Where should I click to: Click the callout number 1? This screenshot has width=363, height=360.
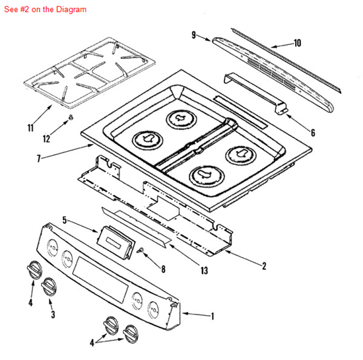(x=213, y=316)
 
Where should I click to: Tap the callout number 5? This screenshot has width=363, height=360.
(x=64, y=219)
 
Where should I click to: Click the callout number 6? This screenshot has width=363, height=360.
(x=312, y=133)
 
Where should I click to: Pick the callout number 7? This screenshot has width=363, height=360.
(x=39, y=159)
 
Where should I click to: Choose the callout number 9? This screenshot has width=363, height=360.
(x=193, y=35)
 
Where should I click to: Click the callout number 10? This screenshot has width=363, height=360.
(x=297, y=43)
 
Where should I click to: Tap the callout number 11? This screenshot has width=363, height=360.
(x=30, y=128)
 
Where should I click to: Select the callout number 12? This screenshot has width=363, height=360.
(x=46, y=139)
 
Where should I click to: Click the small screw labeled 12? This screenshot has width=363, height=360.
(x=69, y=117)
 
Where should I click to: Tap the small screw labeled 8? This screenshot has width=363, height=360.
(x=142, y=250)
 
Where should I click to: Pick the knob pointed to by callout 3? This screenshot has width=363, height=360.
(x=48, y=285)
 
